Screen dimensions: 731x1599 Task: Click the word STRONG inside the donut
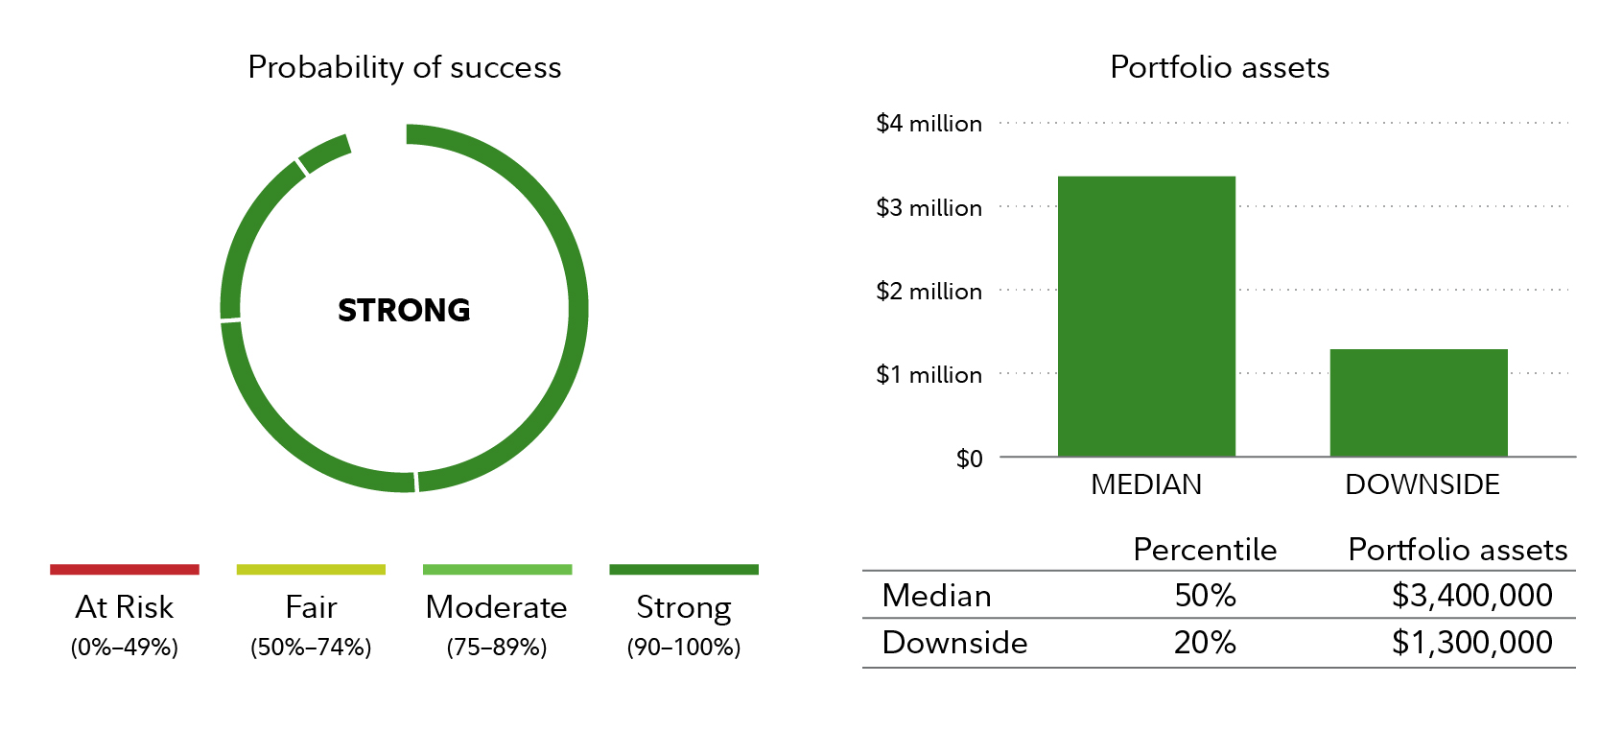tap(404, 310)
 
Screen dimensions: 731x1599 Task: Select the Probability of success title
tap(404, 67)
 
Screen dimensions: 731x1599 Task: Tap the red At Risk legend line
tap(125, 570)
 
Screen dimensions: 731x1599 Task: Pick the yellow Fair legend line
tap(311, 570)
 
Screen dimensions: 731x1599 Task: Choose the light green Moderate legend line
tap(497, 570)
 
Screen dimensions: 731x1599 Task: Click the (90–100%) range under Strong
tap(684, 648)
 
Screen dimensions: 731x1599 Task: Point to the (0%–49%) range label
tap(125, 648)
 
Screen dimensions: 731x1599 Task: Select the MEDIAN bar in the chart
tap(1146, 317)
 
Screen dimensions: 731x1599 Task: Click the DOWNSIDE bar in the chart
tap(1419, 403)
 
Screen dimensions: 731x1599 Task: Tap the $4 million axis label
tap(929, 124)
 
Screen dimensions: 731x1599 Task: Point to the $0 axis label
tap(969, 459)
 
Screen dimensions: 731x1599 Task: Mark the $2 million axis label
tap(929, 292)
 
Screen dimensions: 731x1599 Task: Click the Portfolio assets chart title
tap(1219, 67)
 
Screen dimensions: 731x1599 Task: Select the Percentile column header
tap(1205, 550)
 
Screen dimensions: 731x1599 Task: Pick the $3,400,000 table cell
tap(1471, 596)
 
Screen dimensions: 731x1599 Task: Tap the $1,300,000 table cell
tap(1471, 643)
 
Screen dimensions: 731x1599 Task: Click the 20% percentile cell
tap(1205, 643)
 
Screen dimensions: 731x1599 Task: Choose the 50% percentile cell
tap(1205, 596)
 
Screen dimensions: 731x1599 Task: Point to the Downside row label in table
tap(954, 643)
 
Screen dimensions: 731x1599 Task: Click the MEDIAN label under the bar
tap(1146, 484)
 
